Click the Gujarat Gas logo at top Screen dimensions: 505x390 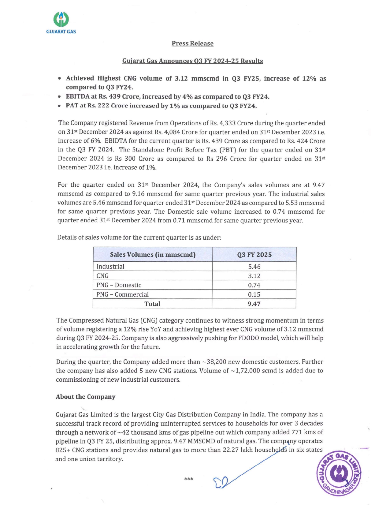(x=61, y=22)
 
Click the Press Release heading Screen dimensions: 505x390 (x=192, y=43)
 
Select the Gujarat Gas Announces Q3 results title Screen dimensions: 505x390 (x=192, y=61)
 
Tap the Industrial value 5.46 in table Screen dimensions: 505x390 (x=254, y=267)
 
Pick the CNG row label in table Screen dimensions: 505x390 (x=102, y=276)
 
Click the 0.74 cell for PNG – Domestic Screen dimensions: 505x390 (x=254, y=285)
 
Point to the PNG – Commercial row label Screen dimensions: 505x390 (x=122, y=294)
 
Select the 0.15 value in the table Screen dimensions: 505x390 (x=254, y=295)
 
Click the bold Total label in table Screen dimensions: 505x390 (x=152, y=304)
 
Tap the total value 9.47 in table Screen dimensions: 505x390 (x=254, y=304)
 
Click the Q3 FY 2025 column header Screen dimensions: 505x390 (x=254, y=255)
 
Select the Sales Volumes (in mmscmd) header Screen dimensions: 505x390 (x=153, y=255)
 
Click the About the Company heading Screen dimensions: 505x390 (x=86, y=397)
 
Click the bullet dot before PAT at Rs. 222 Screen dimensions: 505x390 (x=60, y=106)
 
